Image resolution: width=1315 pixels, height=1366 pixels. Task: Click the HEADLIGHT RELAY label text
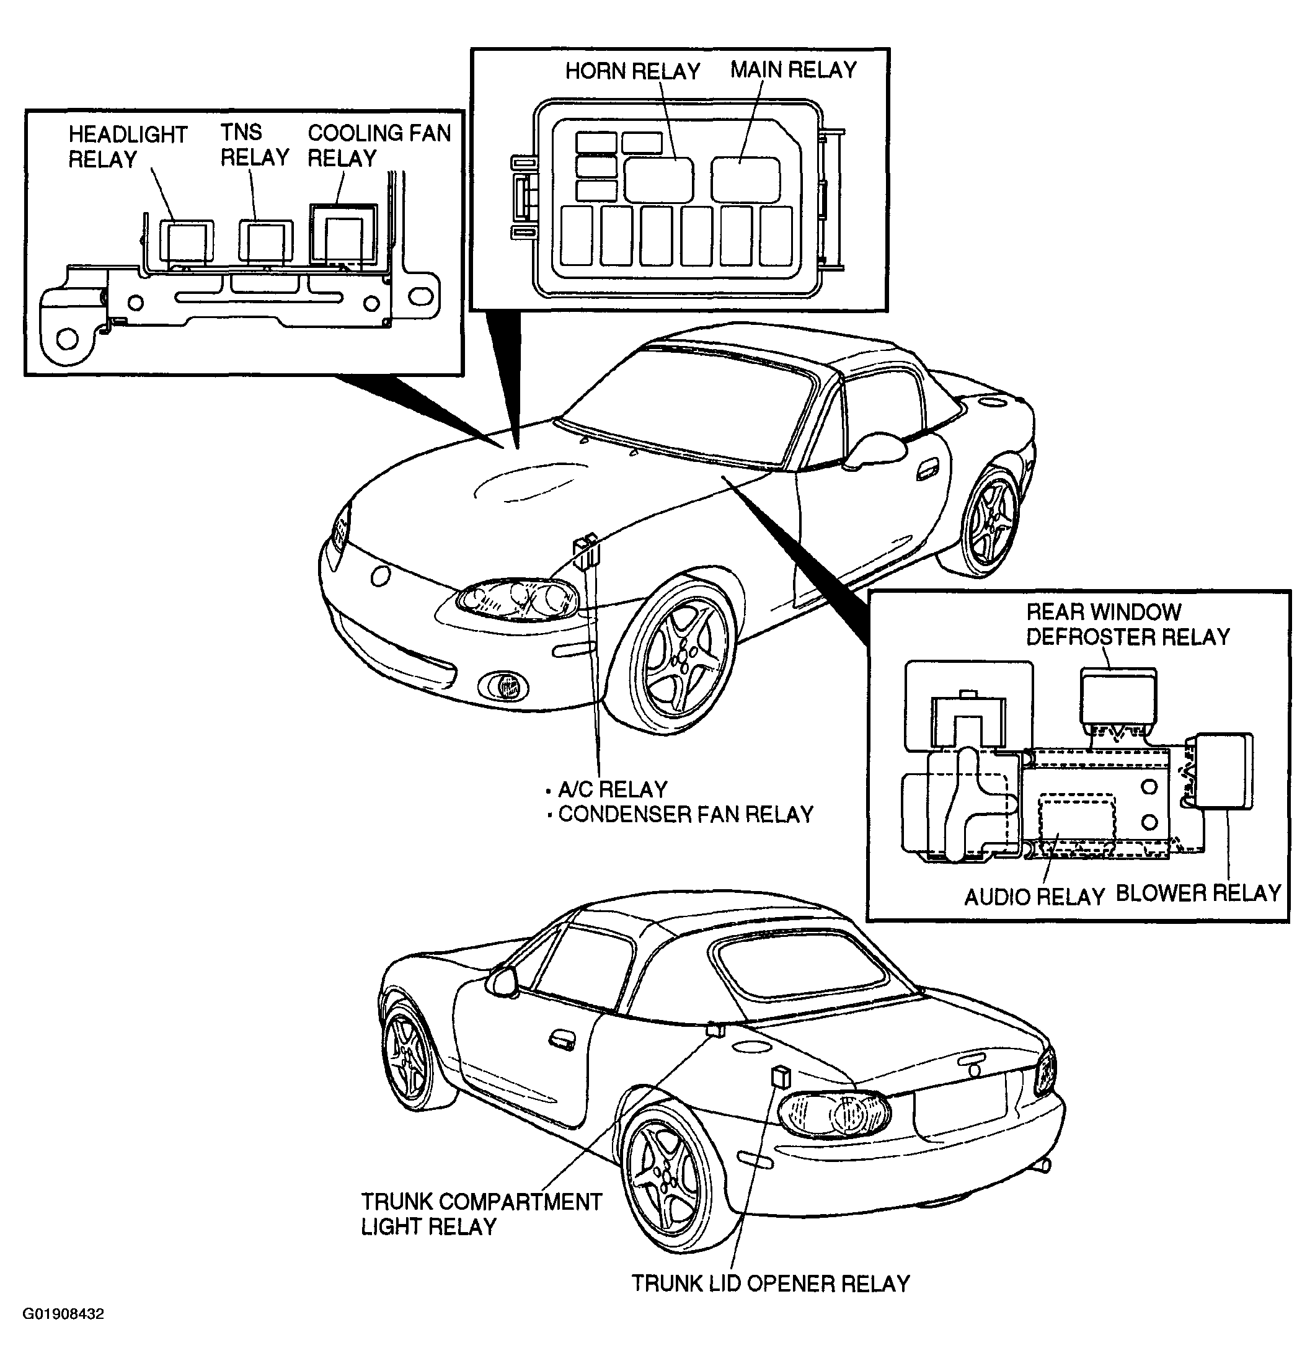pos(128,146)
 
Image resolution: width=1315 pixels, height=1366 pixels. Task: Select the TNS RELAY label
pos(254,144)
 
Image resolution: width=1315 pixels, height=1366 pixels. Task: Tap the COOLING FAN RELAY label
pos(379,145)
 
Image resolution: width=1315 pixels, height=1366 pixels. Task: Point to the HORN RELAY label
pos(632,71)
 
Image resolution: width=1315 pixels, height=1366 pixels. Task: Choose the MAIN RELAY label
pos(793,69)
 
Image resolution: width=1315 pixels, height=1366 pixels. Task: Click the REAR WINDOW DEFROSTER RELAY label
pos(1127,624)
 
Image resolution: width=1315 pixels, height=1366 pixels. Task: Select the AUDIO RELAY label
pos(1034,896)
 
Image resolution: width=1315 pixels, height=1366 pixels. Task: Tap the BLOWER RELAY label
pos(1198,894)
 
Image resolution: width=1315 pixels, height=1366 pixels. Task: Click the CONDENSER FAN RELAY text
pos(686,814)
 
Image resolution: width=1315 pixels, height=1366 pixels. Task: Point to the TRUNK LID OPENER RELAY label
pos(771,1283)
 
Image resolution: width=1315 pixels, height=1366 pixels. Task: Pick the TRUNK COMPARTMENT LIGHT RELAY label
pos(481,1213)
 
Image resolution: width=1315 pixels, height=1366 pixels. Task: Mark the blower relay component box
pos(1224,771)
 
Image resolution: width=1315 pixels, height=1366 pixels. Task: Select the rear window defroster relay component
pos(1118,696)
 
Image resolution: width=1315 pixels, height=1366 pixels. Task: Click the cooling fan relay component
pos(343,235)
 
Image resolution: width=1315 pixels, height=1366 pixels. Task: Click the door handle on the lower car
pos(560,1040)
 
